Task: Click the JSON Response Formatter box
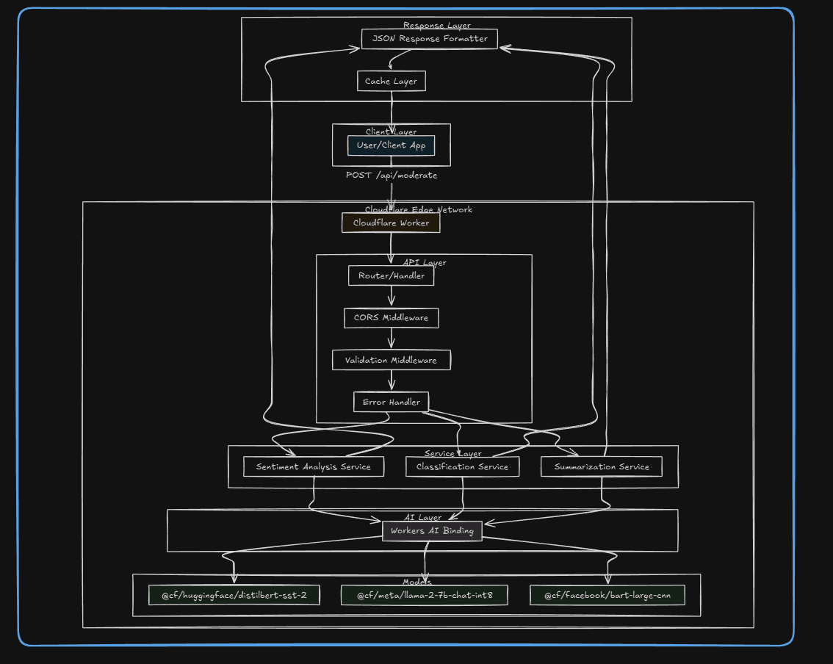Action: (430, 39)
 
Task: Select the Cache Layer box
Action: (391, 81)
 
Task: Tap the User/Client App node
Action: (391, 145)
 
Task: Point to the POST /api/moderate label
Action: (392, 176)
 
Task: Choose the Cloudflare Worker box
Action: (391, 223)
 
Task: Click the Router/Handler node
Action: (391, 276)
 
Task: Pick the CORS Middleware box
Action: (391, 318)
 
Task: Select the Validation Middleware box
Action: (391, 360)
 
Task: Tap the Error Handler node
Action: (391, 402)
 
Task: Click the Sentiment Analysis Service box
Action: (314, 466)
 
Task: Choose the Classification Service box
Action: (462, 466)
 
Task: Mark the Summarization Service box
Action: (602, 466)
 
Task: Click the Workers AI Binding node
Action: (432, 531)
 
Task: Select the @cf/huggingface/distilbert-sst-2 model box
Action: (234, 595)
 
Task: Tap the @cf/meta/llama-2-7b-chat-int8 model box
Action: (425, 595)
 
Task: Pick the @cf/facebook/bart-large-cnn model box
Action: (607, 595)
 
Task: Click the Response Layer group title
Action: (437, 26)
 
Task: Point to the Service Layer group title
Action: (453, 453)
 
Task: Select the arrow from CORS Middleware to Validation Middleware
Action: (391, 339)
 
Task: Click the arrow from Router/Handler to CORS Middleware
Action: (391, 297)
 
